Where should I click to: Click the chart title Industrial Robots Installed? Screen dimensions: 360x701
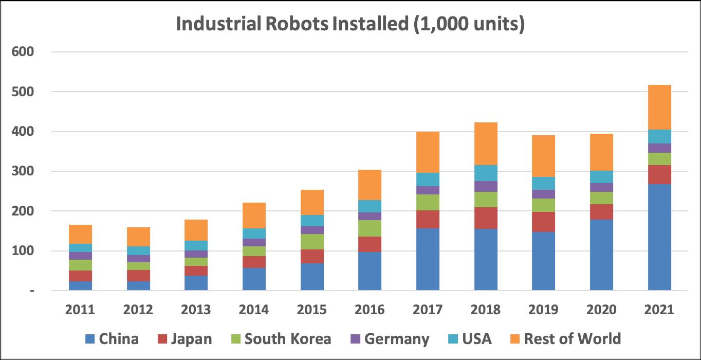coord(350,24)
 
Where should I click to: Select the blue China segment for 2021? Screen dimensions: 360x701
coord(659,237)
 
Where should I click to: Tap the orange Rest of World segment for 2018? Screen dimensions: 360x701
coord(486,143)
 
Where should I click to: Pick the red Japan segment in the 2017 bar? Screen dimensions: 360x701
coord(428,219)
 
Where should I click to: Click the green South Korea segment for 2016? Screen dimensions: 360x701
coord(370,228)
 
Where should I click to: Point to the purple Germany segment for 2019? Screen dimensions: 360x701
coord(543,194)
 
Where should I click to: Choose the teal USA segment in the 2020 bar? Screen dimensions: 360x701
coord(601,177)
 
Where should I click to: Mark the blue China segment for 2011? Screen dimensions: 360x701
coord(80,286)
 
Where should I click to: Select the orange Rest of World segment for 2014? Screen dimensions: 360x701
coord(254,215)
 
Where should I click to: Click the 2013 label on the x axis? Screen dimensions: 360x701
coord(196,310)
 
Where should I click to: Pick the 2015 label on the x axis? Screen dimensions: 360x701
coord(312,310)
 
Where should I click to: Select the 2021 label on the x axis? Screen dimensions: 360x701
coord(659,310)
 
